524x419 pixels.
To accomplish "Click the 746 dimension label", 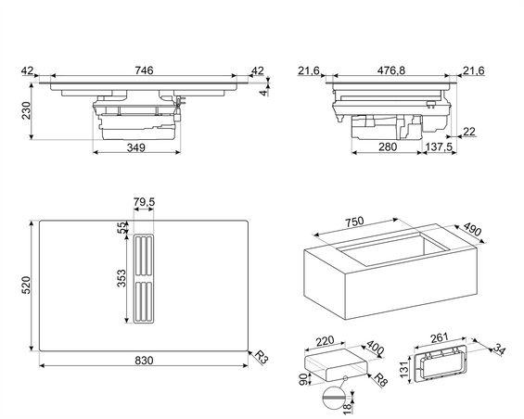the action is click(144, 70).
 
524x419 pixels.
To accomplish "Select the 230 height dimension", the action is click(26, 110).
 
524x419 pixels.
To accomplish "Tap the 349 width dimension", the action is click(136, 147).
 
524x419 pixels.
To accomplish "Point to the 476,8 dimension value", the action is click(391, 70).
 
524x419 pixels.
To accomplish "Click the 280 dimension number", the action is click(388, 146).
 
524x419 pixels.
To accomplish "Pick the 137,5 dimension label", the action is click(439, 146).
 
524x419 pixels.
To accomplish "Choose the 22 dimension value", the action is click(469, 132).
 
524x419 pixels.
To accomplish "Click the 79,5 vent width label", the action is click(144, 202).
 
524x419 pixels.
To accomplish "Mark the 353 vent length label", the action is click(121, 278).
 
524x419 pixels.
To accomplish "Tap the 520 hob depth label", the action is click(26, 285).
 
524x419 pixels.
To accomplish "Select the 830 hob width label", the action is click(144, 361).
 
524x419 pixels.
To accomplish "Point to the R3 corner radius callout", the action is click(262, 357).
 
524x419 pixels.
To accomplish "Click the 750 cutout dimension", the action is click(353, 222).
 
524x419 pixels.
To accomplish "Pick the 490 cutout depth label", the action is click(472, 231).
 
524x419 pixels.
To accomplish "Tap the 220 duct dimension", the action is click(325, 341).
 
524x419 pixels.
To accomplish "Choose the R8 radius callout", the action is click(380, 380).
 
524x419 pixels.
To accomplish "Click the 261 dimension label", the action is click(439, 337).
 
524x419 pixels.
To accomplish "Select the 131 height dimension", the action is click(404, 369).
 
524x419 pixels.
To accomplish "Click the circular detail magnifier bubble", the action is click(334, 398).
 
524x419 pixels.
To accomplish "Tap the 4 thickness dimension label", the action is click(264, 93).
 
